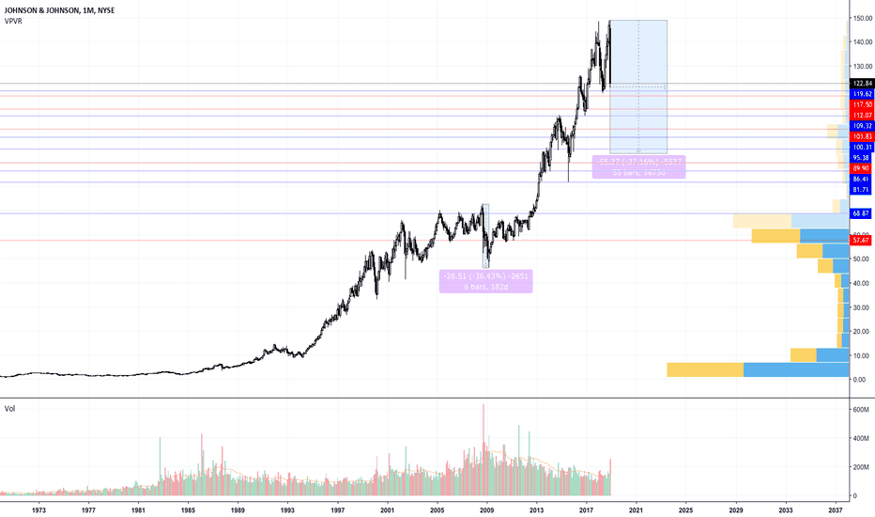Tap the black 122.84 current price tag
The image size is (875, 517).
(x=861, y=84)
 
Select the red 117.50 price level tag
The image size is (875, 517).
(x=861, y=104)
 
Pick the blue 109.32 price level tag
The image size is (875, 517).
(x=861, y=126)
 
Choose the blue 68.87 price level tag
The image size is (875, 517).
(x=861, y=214)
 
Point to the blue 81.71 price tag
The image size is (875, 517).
(x=861, y=189)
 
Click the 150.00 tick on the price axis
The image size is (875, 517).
(x=861, y=19)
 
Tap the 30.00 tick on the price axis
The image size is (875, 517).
(x=861, y=307)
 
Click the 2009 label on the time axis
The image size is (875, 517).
(x=486, y=509)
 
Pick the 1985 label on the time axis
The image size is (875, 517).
(x=188, y=509)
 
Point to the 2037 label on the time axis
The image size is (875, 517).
(x=835, y=509)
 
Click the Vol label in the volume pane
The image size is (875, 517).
(x=10, y=409)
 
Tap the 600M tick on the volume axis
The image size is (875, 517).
(x=861, y=410)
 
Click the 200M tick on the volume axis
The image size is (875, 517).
(x=861, y=466)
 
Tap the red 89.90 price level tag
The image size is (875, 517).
(x=861, y=167)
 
